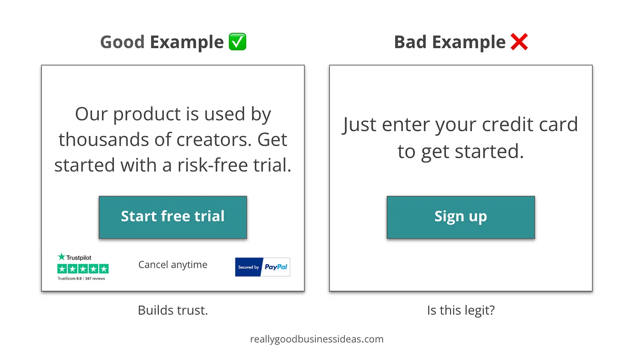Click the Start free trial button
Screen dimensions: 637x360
click(172, 217)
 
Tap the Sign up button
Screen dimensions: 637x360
click(460, 217)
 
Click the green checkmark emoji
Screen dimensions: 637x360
click(238, 42)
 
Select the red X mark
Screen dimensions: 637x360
click(519, 42)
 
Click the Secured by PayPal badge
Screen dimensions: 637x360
click(263, 267)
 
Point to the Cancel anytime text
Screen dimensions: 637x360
click(172, 265)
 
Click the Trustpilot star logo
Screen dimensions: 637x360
click(61, 257)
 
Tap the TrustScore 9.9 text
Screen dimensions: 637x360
click(69, 279)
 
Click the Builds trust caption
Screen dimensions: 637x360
click(173, 310)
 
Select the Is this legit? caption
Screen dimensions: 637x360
click(461, 310)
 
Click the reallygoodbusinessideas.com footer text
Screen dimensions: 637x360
click(317, 339)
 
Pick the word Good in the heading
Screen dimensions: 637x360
click(122, 42)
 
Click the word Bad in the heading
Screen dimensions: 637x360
click(410, 42)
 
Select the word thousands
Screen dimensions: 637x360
click(104, 140)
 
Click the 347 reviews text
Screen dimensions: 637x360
click(95, 279)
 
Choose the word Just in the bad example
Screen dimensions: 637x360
click(359, 125)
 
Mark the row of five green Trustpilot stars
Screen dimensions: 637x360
click(83, 269)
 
